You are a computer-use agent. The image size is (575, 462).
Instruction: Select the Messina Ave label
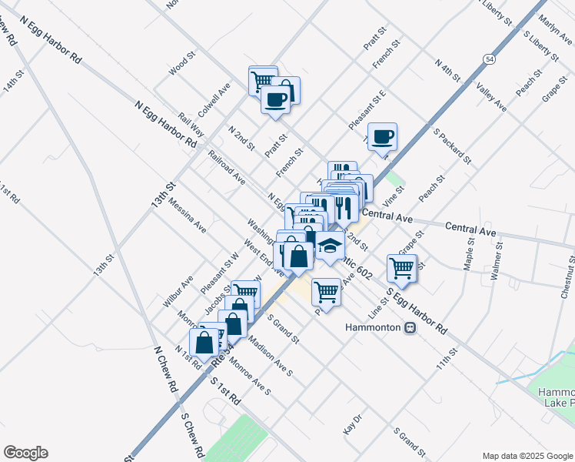(x=188, y=217)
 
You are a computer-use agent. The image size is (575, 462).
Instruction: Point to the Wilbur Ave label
(x=178, y=291)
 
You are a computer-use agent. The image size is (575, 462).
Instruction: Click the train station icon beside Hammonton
(x=410, y=327)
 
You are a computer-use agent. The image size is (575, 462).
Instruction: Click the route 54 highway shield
(x=489, y=59)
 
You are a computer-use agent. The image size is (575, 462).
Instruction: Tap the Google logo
(x=25, y=453)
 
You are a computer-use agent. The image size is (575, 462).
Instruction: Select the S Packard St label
(x=453, y=146)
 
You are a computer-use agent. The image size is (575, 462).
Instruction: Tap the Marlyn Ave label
(x=553, y=29)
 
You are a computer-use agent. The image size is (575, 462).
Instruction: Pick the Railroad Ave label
(x=226, y=167)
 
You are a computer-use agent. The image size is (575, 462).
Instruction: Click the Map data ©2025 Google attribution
(x=527, y=456)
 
